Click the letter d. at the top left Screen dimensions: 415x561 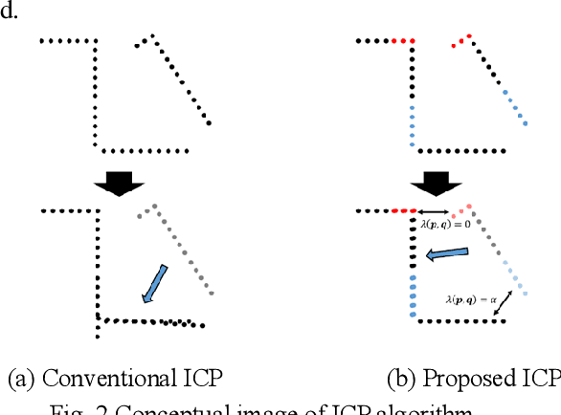tap(11, 14)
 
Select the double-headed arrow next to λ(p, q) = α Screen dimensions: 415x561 tap(508, 304)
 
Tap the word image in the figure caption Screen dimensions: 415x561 tap(293, 410)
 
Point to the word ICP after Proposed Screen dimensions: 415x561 tap(540, 379)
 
